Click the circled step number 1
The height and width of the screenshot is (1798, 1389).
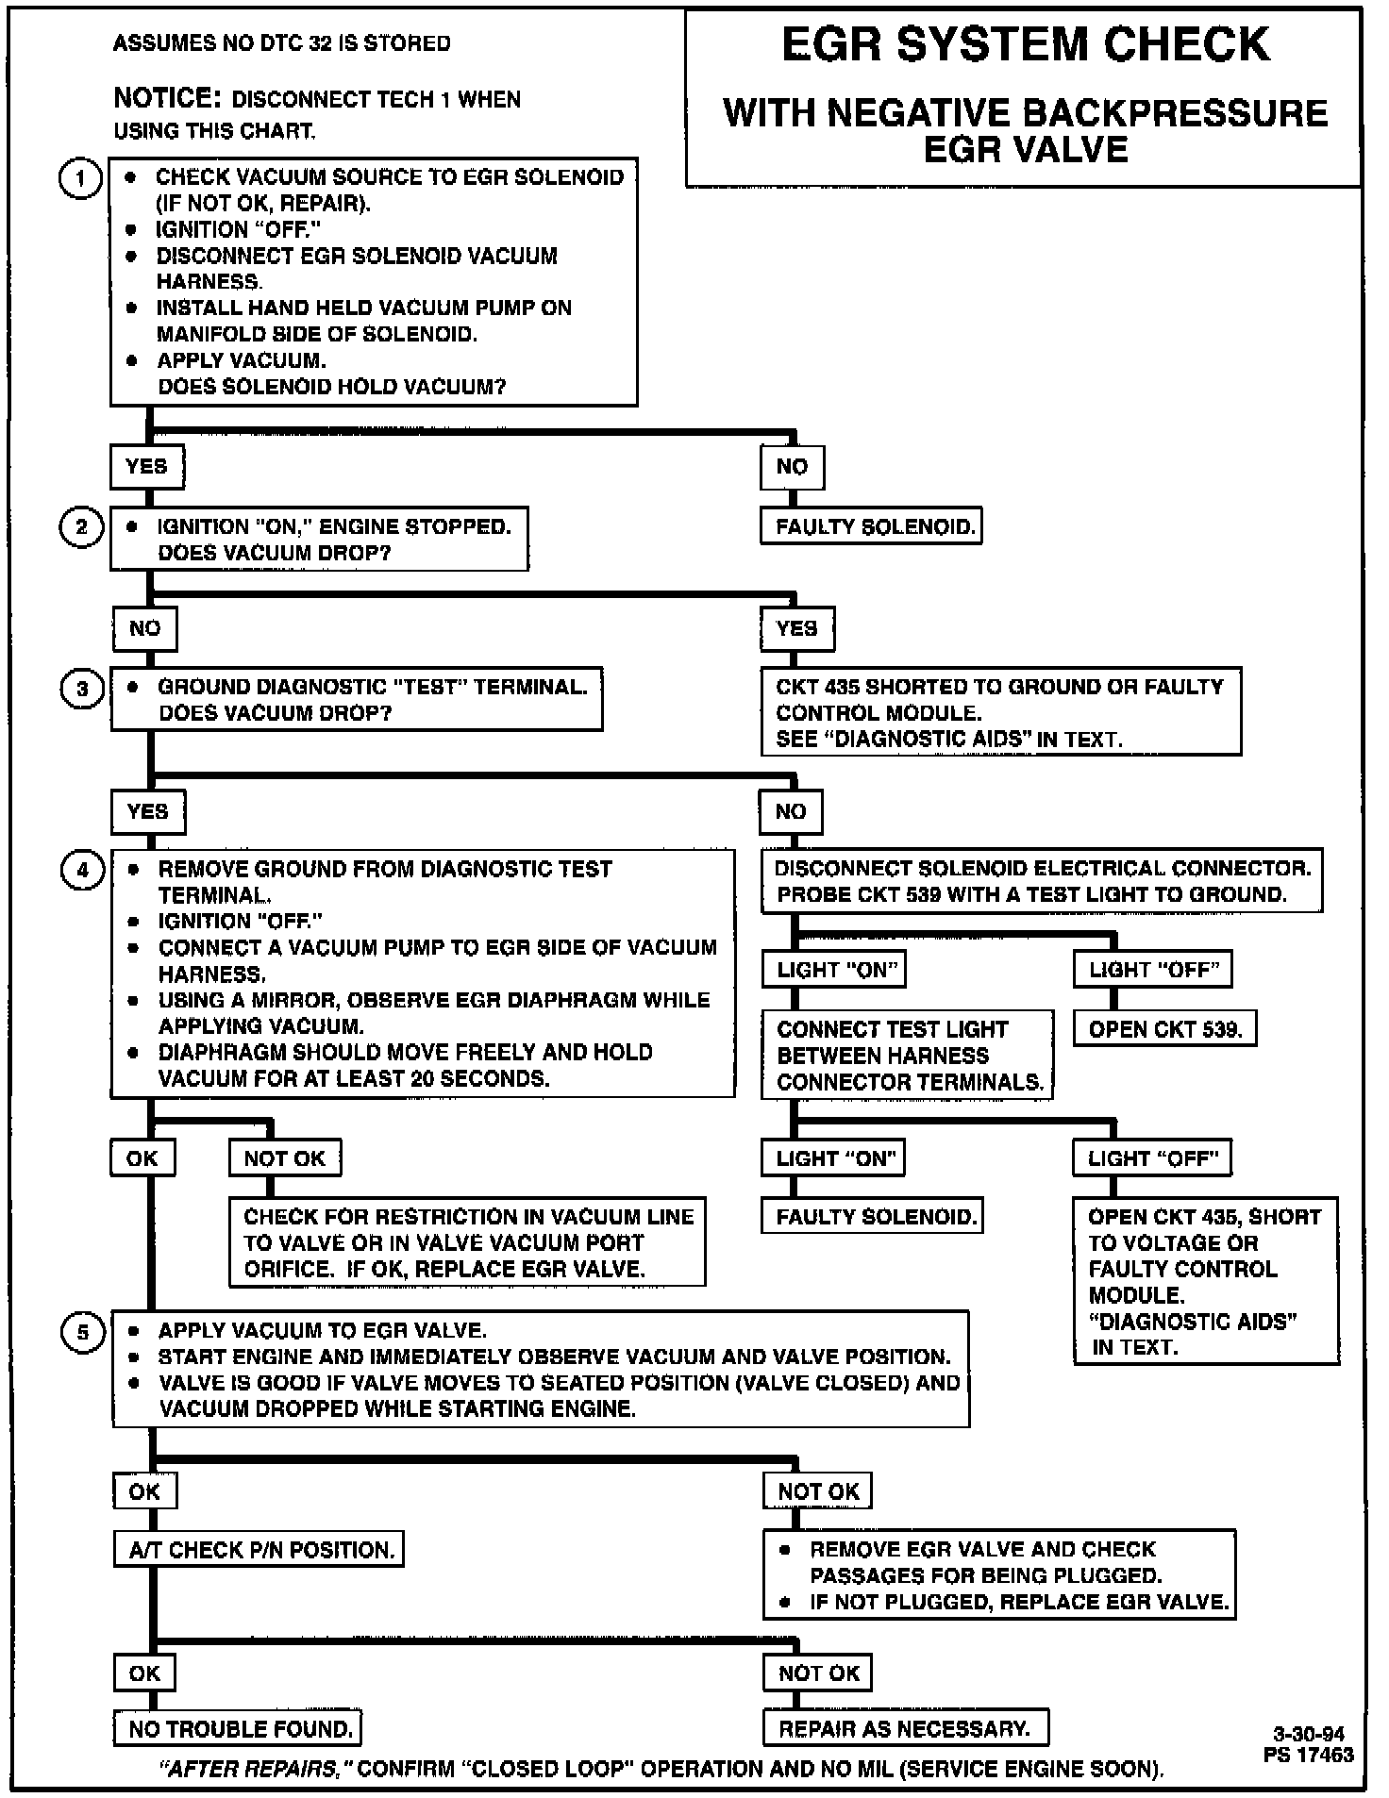[81, 179]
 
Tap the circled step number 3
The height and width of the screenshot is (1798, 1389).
[82, 690]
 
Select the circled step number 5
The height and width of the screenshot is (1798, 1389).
[82, 1333]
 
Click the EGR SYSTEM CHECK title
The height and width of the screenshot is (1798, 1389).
[1026, 45]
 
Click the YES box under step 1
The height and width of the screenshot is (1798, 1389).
[147, 467]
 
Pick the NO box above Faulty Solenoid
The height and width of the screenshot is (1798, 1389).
[792, 467]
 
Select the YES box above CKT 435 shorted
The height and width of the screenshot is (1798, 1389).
[797, 628]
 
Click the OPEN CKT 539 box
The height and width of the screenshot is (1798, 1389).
[1164, 1029]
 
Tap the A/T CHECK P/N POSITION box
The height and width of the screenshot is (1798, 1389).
[260, 1550]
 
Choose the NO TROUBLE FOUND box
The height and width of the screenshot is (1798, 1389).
[240, 1729]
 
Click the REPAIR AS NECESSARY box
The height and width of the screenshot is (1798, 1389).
[905, 1728]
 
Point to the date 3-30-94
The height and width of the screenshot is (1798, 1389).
[1309, 1734]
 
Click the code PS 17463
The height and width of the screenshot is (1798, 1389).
[1309, 1755]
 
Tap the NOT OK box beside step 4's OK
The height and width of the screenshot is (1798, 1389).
[285, 1158]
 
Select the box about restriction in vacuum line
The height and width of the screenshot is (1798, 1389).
[467, 1242]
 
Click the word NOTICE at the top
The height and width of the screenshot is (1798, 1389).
[167, 98]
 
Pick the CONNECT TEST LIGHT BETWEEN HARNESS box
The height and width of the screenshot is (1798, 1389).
[908, 1056]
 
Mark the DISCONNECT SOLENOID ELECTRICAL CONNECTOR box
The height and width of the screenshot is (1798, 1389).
[1042, 882]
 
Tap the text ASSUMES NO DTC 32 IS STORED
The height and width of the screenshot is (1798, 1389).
[282, 43]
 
